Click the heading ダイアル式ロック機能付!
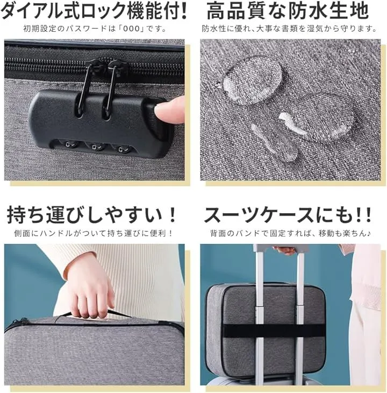(94, 11)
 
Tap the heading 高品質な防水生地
(288, 11)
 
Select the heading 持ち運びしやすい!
(91, 215)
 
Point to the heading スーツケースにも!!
(288, 215)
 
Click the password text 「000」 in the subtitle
(130, 29)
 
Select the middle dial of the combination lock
(95, 146)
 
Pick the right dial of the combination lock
(121, 150)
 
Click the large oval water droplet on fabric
(252, 80)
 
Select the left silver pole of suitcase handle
(259, 318)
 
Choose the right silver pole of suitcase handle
(300, 318)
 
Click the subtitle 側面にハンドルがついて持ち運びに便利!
(94, 234)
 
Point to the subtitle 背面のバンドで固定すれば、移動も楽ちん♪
(291, 234)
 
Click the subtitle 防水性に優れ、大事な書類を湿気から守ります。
(289, 29)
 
